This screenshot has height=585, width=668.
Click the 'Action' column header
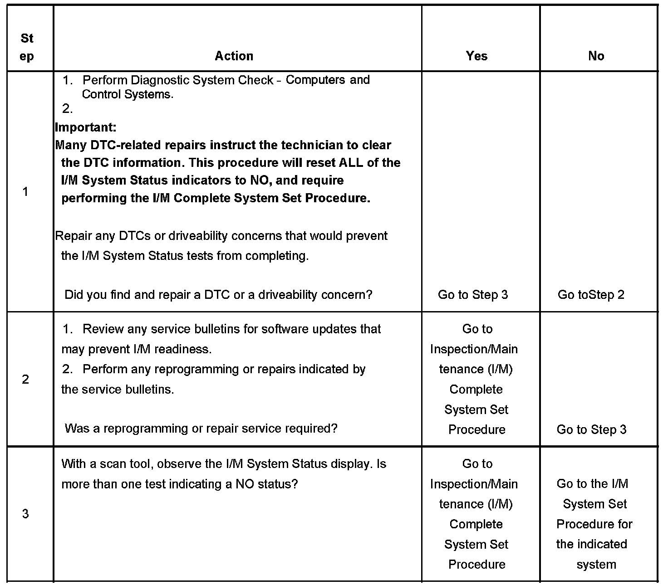pos(234,56)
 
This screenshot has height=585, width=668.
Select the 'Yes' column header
pos(476,56)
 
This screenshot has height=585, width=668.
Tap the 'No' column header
pos(596,56)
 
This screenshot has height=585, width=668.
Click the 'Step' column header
pos(27,47)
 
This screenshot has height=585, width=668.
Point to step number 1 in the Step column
pos(25,192)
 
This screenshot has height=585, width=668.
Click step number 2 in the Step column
pos(25,379)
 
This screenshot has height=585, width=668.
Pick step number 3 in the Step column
pos(25,514)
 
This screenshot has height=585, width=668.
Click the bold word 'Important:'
pos(86,127)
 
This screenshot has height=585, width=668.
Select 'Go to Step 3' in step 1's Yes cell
pos(472,295)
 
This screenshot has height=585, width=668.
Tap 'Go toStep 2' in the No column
pos(591,295)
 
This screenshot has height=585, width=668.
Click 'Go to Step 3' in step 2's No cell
pos(591,429)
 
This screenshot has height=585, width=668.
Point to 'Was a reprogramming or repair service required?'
pos(201,429)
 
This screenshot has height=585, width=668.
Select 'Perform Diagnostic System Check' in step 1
pos(178,80)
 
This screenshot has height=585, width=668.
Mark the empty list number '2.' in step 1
pos(68,109)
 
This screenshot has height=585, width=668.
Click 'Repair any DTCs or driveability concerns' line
pos(221,236)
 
